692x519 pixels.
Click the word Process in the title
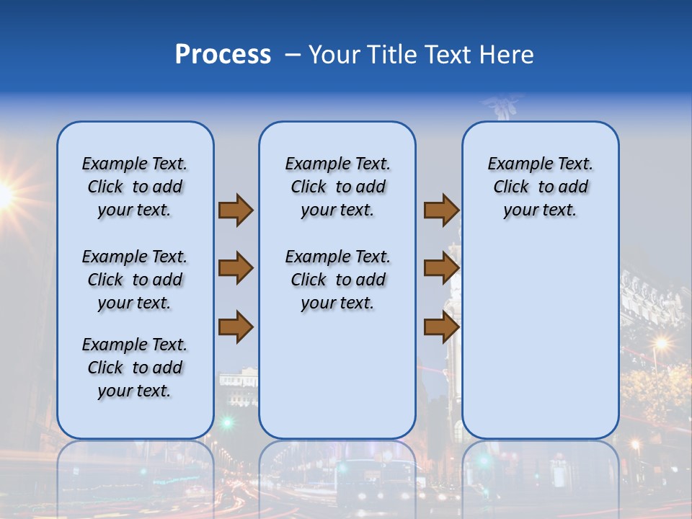tap(223, 55)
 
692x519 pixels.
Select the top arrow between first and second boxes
tap(236, 210)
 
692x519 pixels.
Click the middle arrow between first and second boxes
tap(236, 268)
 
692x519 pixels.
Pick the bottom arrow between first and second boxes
tap(236, 327)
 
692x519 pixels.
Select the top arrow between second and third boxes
tap(441, 210)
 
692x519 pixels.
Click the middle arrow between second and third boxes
tap(441, 268)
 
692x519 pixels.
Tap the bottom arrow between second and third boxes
tap(441, 327)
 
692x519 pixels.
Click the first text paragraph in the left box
tap(135, 187)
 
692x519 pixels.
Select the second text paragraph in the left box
tap(135, 280)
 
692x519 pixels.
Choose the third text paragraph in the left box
tap(135, 368)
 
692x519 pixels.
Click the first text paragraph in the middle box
tap(337, 187)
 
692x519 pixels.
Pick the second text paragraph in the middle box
tap(337, 280)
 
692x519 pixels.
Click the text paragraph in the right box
tap(540, 187)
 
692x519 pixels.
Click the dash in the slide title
tap(293, 56)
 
